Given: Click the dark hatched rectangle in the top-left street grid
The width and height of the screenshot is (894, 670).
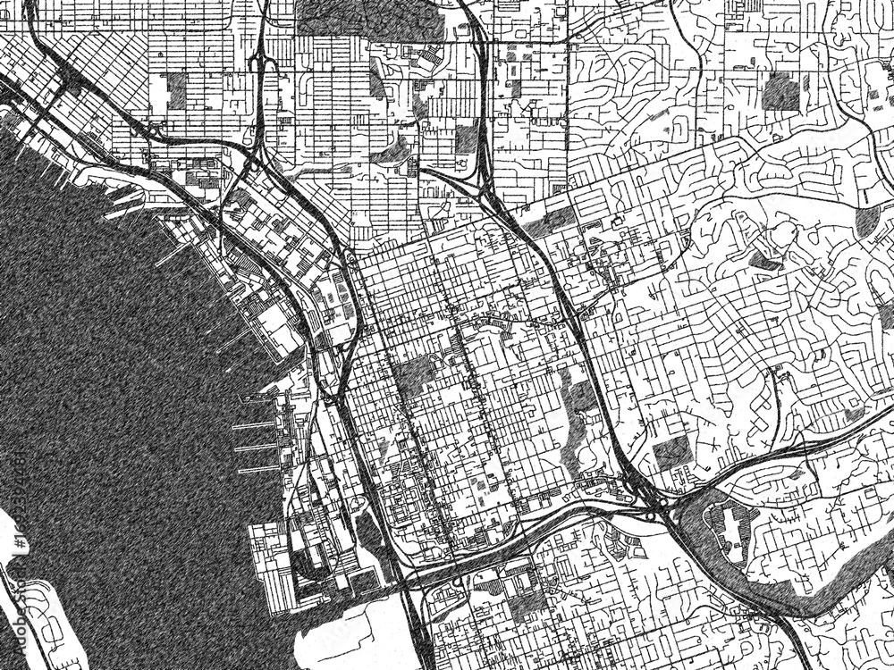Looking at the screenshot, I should click(176, 90).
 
